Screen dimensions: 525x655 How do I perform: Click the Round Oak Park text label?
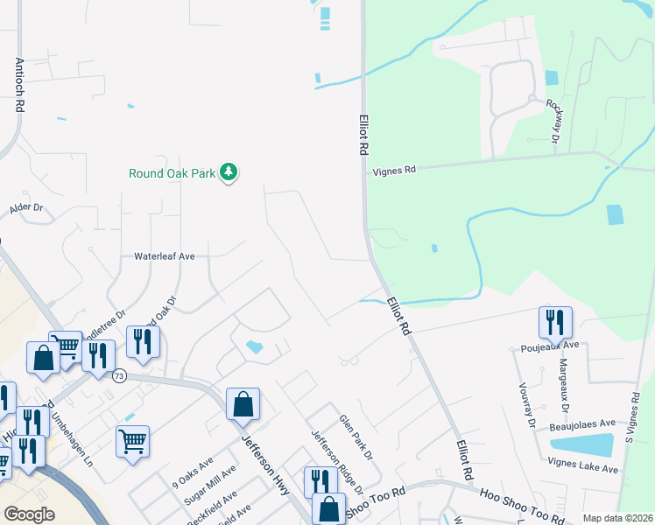(x=172, y=173)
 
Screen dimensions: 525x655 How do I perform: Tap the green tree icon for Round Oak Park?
(x=229, y=172)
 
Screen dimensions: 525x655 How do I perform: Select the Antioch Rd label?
(x=18, y=85)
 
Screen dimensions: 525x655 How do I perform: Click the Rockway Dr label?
(x=553, y=119)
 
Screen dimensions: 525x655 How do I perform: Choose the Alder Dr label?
(x=26, y=208)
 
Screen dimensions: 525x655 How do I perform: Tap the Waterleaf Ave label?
(x=164, y=256)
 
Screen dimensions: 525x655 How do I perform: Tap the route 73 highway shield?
(x=119, y=375)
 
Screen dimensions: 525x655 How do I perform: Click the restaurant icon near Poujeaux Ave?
(x=555, y=324)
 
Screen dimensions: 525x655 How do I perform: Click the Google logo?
(x=29, y=514)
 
